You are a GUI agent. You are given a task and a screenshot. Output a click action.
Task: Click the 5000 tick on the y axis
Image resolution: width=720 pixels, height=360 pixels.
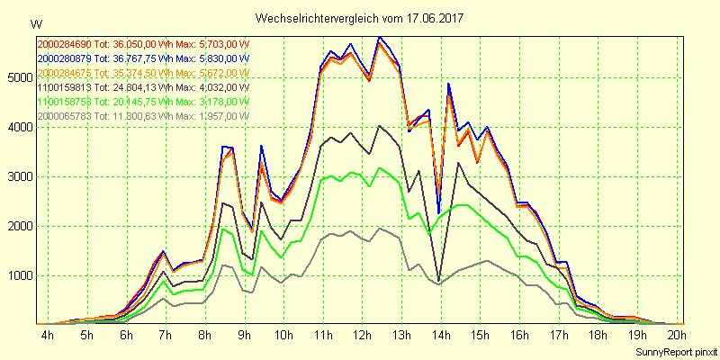[x=18, y=77]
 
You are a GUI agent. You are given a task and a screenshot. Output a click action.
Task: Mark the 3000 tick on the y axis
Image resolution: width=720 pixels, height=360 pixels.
[x=18, y=176]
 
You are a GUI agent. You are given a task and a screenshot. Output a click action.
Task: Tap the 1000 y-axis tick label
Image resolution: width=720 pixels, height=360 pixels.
[x=18, y=275]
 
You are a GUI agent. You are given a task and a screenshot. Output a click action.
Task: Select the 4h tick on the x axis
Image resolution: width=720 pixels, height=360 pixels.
[x=48, y=335]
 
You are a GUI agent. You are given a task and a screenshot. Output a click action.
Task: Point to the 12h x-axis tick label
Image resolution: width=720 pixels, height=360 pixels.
[x=362, y=335]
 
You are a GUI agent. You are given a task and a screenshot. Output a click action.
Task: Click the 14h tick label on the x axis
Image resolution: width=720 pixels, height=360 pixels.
[x=441, y=335]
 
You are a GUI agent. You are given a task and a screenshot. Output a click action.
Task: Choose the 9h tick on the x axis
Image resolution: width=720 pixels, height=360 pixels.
[x=245, y=335]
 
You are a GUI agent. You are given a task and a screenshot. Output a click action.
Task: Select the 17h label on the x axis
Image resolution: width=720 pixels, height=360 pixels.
[x=560, y=335]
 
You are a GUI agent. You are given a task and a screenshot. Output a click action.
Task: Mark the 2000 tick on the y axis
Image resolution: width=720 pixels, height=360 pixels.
[x=18, y=226]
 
